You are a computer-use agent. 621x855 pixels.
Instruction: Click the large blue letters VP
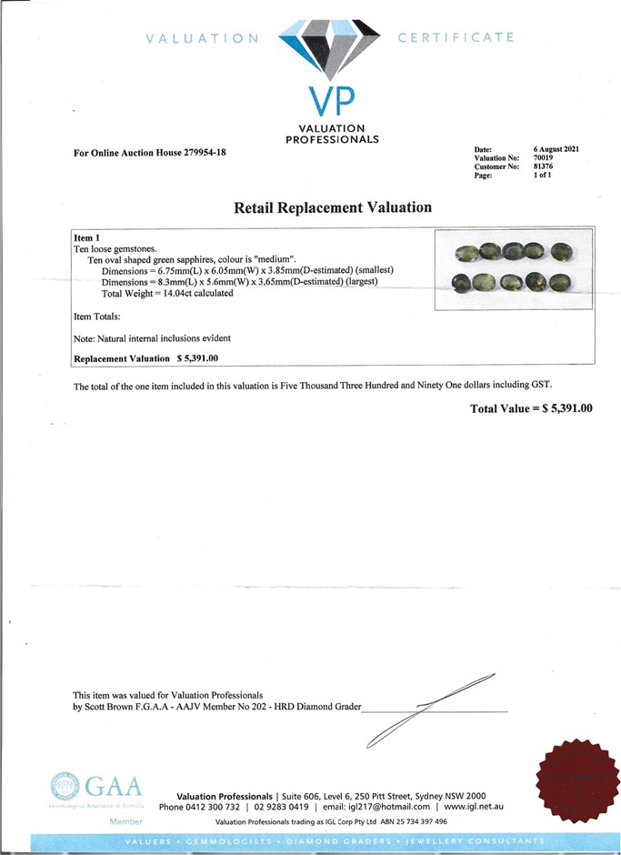tap(332, 102)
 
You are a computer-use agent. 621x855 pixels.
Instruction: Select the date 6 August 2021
tap(556, 149)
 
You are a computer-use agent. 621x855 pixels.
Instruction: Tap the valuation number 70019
tap(544, 158)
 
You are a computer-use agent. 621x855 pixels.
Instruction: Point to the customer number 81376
tap(544, 166)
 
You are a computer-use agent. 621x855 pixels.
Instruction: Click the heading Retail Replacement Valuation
tap(333, 207)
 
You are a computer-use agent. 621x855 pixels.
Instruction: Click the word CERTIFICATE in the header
tap(456, 37)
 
